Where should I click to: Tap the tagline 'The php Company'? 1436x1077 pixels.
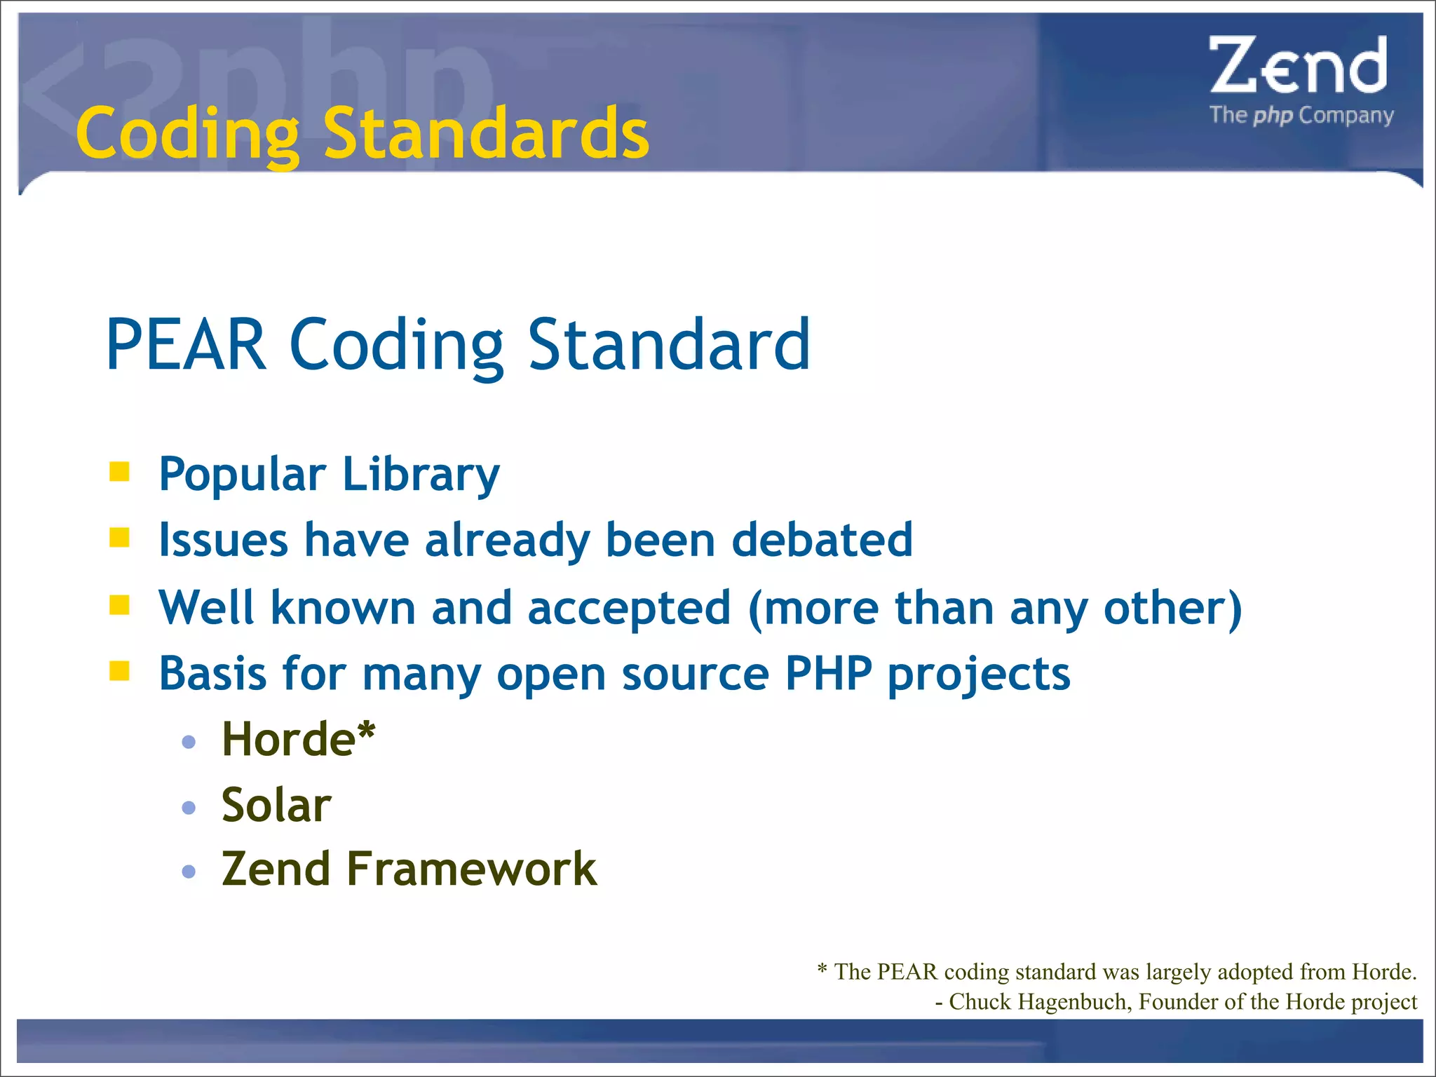pyautogui.click(x=1301, y=115)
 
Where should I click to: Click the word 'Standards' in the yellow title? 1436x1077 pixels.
pyautogui.click(x=485, y=133)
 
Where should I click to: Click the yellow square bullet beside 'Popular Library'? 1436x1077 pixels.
pyautogui.click(x=120, y=472)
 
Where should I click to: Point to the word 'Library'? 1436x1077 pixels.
pyautogui.click(x=421, y=475)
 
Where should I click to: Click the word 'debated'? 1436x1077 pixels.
pyautogui.click(x=822, y=540)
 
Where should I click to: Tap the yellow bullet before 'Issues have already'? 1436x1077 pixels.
pyautogui.click(x=120, y=538)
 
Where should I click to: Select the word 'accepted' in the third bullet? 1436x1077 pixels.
pyautogui.click(x=629, y=607)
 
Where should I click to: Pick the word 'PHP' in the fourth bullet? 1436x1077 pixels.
pyautogui.click(x=828, y=673)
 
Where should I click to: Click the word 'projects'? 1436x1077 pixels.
pyautogui.click(x=979, y=675)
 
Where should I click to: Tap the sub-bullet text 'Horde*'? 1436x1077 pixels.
pyautogui.click(x=298, y=739)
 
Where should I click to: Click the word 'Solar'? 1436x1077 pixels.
pyautogui.click(x=276, y=805)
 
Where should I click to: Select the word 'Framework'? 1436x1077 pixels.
pyautogui.click(x=471, y=869)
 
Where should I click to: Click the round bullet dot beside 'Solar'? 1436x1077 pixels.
pyautogui.click(x=189, y=808)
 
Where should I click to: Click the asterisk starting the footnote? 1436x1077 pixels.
pyautogui.click(x=822, y=970)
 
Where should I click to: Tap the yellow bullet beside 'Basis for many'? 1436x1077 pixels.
pyautogui.click(x=120, y=671)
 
